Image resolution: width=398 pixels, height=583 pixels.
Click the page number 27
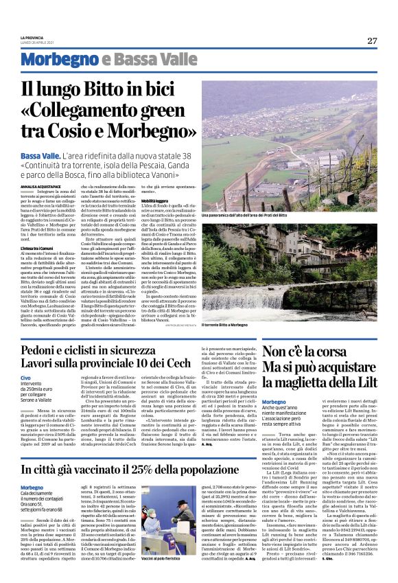[371, 41]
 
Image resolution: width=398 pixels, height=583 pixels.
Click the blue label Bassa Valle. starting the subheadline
[40, 157]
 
